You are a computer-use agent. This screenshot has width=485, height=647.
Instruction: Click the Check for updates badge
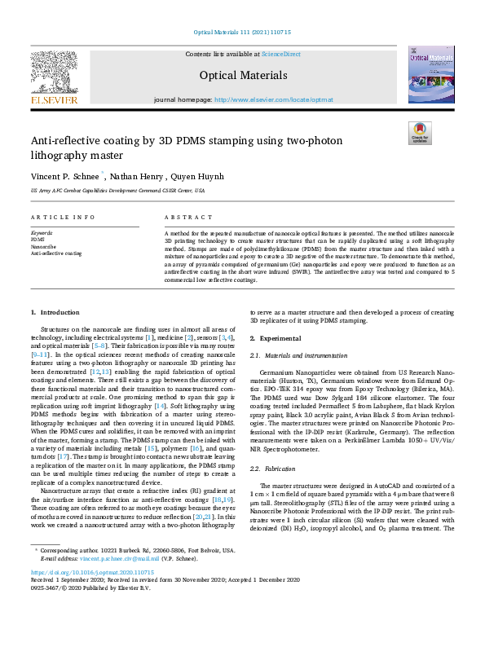coord(419,133)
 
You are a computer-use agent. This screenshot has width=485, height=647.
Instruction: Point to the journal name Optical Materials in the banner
coord(243,76)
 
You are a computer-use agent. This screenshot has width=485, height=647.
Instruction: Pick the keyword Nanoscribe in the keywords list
coord(43,246)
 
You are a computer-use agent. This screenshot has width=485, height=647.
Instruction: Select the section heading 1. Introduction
coord(55,312)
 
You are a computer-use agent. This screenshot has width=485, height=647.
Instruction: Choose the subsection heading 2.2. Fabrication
coord(270,469)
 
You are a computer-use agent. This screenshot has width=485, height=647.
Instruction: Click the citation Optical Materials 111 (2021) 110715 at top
coord(242,32)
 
